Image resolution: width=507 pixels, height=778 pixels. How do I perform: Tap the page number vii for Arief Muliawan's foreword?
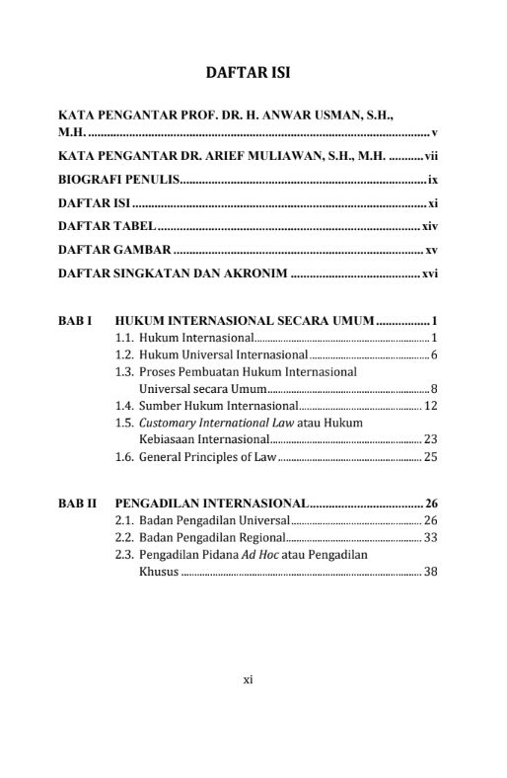pyautogui.click(x=431, y=156)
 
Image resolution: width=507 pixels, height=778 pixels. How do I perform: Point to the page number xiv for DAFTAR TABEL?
pyautogui.click(x=429, y=227)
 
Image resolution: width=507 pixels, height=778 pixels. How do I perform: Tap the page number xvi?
pyautogui.click(x=429, y=274)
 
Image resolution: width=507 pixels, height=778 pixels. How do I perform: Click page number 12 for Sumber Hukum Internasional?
pyautogui.click(x=430, y=406)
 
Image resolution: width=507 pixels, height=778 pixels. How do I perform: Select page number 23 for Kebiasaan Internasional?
pyautogui.click(x=430, y=438)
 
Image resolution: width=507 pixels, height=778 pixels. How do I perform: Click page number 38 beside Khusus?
pyautogui.click(x=430, y=572)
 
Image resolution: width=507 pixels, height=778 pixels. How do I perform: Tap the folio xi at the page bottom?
pyautogui.click(x=249, y=678)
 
